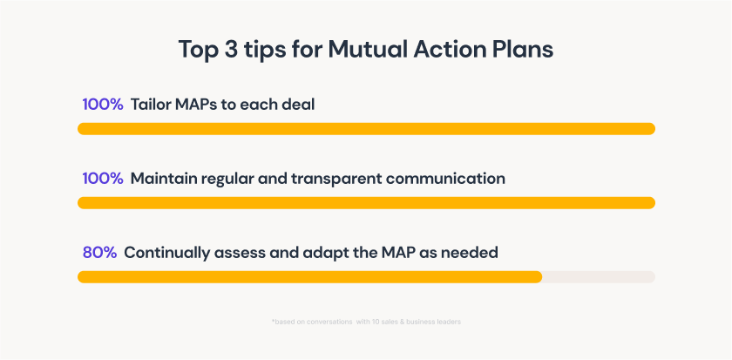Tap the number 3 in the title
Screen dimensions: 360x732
(233, 49)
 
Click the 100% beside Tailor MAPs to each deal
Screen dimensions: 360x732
(102, 105)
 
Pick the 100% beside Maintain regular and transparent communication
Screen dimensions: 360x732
(102, 179)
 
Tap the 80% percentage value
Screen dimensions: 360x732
(98, 253)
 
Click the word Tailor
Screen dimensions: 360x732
(150, 105)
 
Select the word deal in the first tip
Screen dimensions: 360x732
(298, 105)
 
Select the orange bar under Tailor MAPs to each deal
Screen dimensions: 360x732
(366, 129)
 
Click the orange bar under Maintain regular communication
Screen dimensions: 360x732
(366, 203)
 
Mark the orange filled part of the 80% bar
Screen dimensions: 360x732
(309, 277)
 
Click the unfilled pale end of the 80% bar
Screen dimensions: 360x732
(599, 277)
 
